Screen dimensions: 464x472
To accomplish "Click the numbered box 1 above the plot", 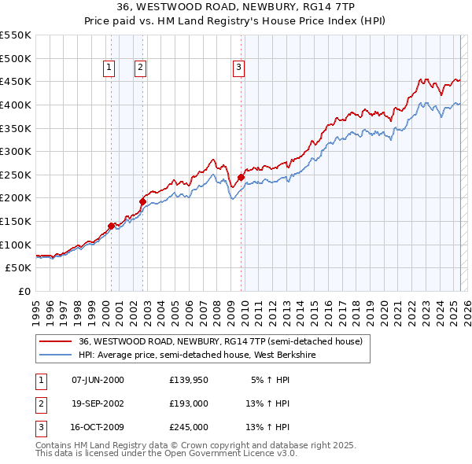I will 108,68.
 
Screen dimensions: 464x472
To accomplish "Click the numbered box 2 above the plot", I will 140,68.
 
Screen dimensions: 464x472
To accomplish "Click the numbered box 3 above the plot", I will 238,68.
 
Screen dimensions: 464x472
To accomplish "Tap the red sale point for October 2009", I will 240,178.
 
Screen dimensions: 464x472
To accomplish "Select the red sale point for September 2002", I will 142,201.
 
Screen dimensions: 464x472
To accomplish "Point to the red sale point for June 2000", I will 111,226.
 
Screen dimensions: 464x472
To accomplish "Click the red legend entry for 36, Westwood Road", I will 220,342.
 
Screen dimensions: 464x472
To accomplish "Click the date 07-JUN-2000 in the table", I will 98,380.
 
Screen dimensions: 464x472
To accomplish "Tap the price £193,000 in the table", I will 189,403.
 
